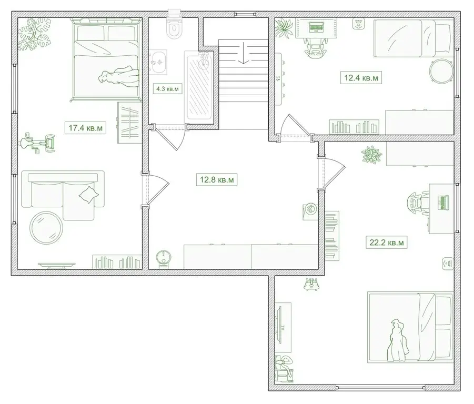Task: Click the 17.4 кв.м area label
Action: click(86, 128)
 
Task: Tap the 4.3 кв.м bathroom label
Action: click(167, 89)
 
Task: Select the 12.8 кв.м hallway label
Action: click(217, 180)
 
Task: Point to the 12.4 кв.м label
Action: click(361, 78)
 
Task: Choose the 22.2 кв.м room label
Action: click(387, 243)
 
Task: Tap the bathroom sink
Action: click(158, 62)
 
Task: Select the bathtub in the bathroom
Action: click(199, 85)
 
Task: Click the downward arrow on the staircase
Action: click(243, 53)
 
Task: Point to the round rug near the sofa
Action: click(46, 228)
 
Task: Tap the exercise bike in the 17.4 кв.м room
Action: click(37, 143)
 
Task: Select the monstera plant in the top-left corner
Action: click(34, 34)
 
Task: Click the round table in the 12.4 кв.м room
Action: click(441, 72)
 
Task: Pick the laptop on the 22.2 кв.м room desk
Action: click(443, 202)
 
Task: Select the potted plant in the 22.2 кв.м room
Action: click(371, 155)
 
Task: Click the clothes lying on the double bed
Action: click(118, 78)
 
